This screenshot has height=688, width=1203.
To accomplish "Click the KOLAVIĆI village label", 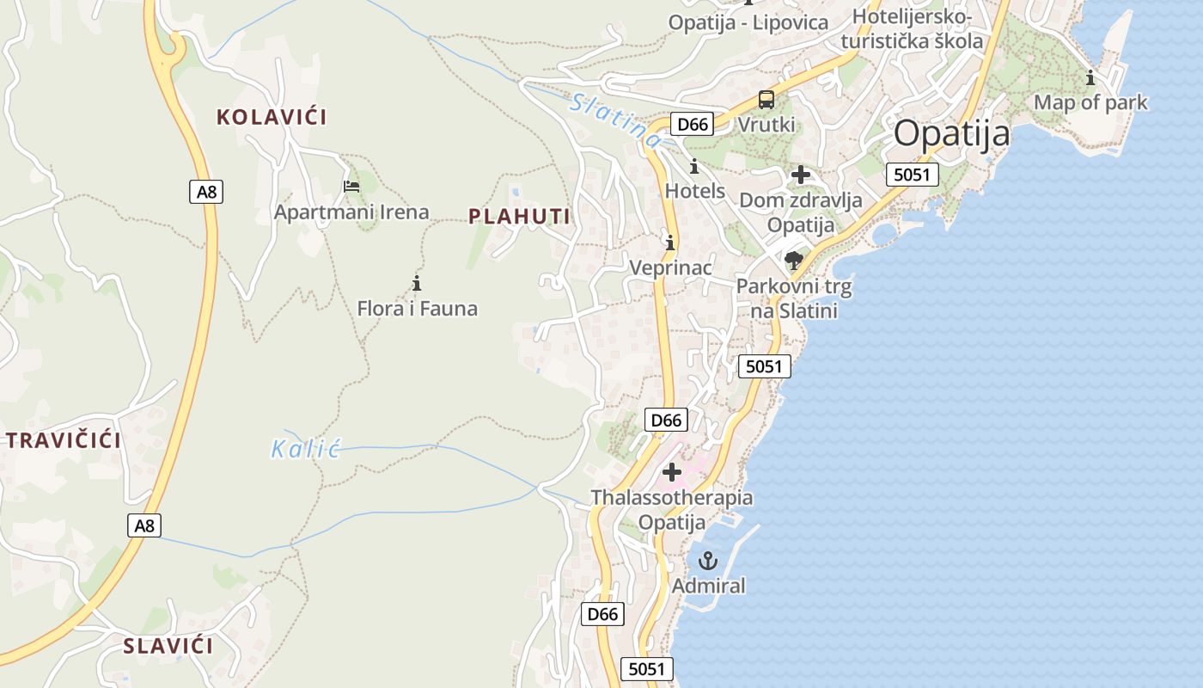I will pyautogui.click(x=272, y=117).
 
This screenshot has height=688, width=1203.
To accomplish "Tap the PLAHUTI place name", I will pyautogui.click(x=520, y=217).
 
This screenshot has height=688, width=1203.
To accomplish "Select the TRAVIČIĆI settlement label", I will pyautogui.click(x=64, y=441).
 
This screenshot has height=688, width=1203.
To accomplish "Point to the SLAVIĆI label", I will pyautogui.click(x=168, y=646).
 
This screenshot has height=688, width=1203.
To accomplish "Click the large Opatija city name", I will pyautogui.click(x=951, y=134).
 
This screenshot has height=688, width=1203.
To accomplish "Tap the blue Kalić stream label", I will pyautogui.click(x=306, y=448).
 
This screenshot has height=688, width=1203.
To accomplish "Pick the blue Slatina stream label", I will pyautogui.click(x=615, y=119).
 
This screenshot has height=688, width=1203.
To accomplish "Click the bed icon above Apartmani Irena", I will pyautogui.click(x=351, y=185).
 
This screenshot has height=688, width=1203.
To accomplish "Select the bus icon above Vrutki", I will pyautogui.click(x=766, y=100).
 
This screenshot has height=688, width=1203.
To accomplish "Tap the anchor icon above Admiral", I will pyautogui.click(x=707, y=561).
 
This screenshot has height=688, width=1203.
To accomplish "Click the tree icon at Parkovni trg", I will pyautogui.click(x=794, y=260).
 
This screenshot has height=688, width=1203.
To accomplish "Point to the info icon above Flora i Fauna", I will pyautogui.click(x=417, y=282).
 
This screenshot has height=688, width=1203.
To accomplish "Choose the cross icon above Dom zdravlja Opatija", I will pyautogui.click(x=800, y=175).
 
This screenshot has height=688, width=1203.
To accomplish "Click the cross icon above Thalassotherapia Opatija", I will pyautogui.click(x=672, y=471).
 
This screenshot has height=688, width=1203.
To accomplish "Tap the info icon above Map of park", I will pyautogui.click(x=1090, y=78).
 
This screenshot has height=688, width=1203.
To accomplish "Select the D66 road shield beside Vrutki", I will pyautogui.click(x=693, y=125).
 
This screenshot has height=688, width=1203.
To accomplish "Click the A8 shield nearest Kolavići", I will pyautogui.click(x=206, y=192).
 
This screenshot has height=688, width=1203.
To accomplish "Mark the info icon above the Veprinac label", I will pyautogui.click(x=670, y=243).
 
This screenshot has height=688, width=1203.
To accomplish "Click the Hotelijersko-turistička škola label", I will pyautogui.click(x=912, y=29).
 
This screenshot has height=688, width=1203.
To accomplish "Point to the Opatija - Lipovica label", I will pyautogui.click(x=748, y=23).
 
